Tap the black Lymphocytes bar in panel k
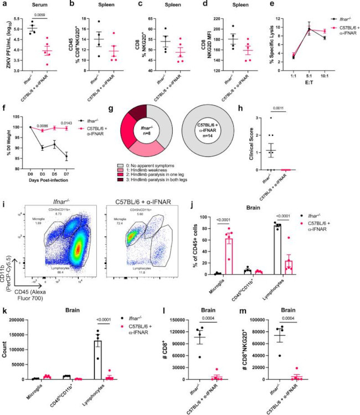[127, 358]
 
